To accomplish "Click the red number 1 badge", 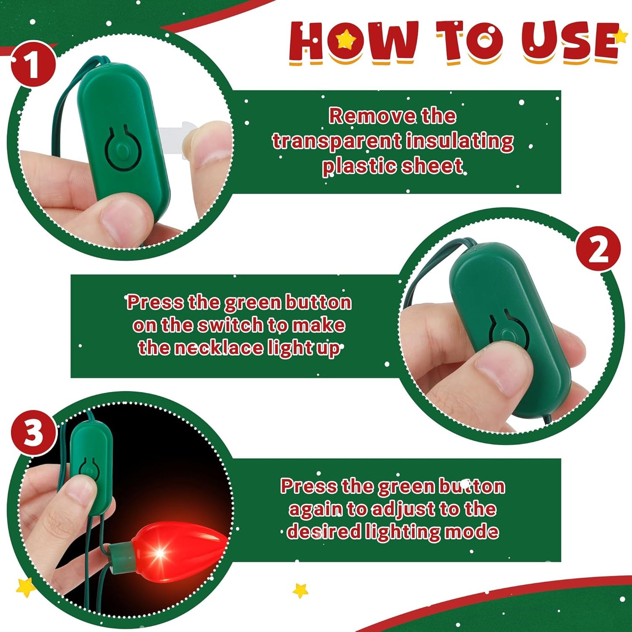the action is [x=33, y=64].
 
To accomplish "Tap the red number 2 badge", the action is [x=598, y=248].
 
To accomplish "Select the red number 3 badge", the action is [x=33, y=433].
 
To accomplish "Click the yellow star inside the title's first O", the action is [x=345, y=39].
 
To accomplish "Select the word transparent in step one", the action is [x=336, y=142].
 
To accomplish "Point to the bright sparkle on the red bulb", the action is [x=160, y=554].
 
